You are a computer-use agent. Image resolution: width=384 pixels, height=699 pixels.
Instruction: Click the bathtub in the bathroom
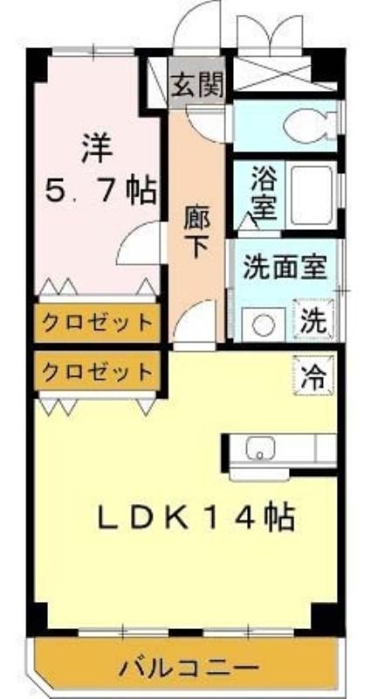point(312,194)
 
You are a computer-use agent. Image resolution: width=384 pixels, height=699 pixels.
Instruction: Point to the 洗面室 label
point(285,267)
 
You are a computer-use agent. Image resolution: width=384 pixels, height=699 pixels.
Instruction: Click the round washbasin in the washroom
point(263,324)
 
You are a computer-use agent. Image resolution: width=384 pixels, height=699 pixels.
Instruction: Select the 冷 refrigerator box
point(313,375)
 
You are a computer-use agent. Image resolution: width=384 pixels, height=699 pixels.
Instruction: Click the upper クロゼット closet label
point(97,322)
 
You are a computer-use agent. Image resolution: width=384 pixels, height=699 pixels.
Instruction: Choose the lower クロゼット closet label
point(97,370)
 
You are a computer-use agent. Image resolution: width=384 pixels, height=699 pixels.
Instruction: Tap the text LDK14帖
point(195,517)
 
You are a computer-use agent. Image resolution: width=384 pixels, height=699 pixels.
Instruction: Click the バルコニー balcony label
point(189,668)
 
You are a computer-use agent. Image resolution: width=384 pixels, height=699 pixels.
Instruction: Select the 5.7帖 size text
point(101,191)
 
